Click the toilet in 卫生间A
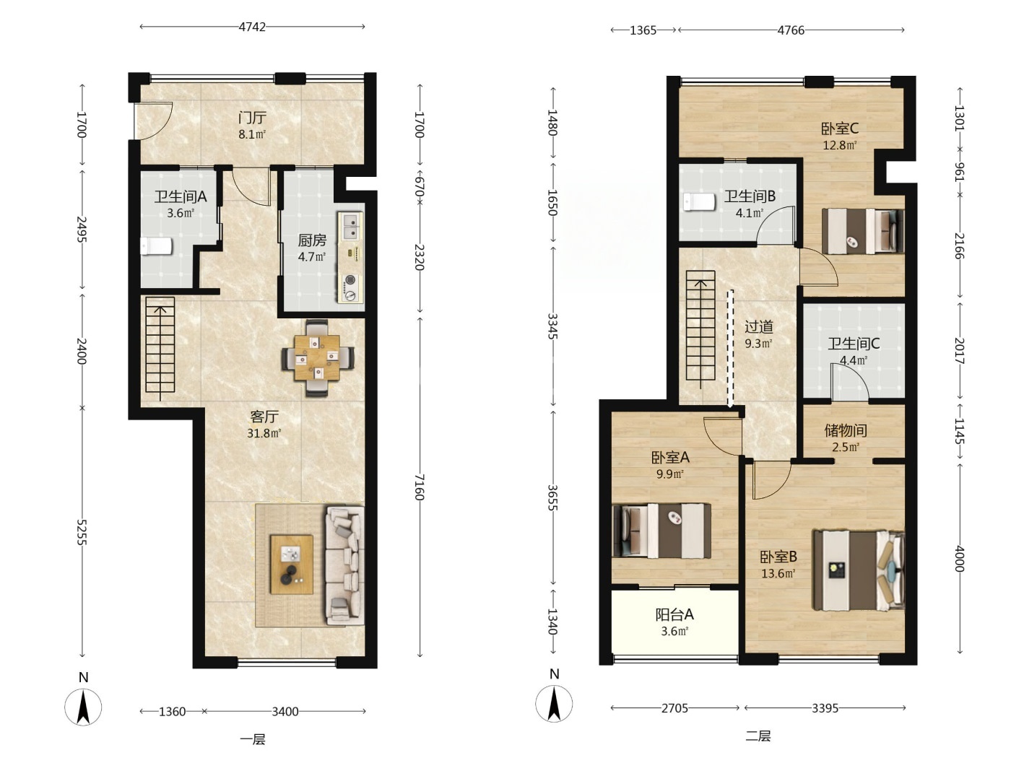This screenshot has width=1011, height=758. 156,246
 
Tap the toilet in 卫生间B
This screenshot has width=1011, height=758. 699,201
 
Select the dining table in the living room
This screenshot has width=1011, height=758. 317,357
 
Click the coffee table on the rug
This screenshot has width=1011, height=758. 292,565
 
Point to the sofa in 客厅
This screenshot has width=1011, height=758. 344,565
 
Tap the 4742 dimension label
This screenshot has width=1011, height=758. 252,27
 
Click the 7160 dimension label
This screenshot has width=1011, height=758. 419,487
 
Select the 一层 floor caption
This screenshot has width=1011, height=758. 253,739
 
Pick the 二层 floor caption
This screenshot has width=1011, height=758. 758,736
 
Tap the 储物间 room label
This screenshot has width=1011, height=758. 846,430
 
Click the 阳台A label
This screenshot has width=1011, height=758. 674,614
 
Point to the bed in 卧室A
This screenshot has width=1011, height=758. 661,531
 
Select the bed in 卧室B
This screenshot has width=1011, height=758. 859,570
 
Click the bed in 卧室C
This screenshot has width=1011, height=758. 863,232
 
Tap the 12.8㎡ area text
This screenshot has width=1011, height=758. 840,145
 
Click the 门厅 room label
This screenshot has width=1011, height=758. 252,118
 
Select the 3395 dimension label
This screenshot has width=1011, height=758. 825,708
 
